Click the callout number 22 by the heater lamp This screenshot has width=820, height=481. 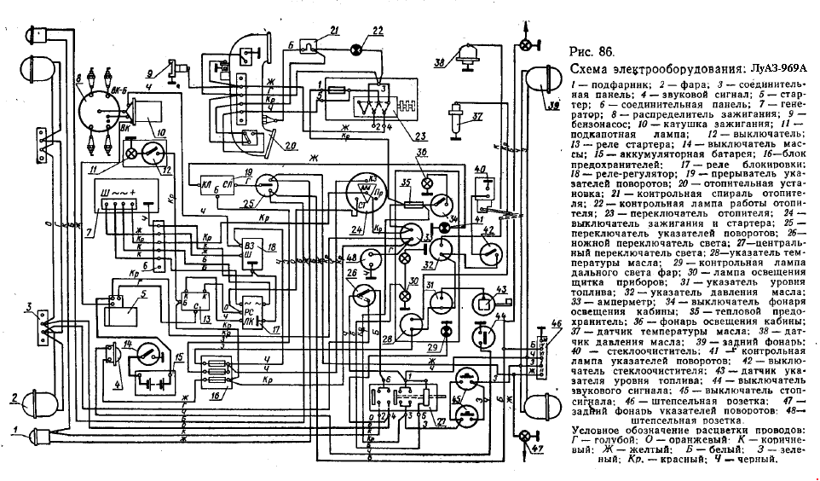pos(378,32)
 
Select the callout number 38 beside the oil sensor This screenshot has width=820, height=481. pos(439,61)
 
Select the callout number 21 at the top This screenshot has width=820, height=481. pos(333,31)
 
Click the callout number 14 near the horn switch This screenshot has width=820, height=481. pos(130,344)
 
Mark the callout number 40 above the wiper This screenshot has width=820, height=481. pos(479,168)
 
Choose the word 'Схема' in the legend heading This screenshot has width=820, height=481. pos(588,69)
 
